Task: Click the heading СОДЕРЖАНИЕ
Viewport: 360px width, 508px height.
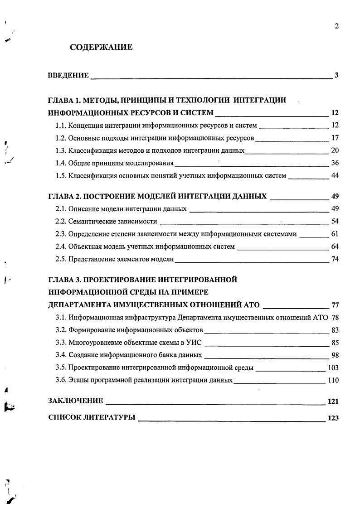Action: click(101, 47)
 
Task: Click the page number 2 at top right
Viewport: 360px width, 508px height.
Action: click(336, 26)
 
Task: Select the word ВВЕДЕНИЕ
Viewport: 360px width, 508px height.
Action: click(68, 76)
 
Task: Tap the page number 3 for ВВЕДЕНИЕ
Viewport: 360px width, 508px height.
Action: click(336, 75)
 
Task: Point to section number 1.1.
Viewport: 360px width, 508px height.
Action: click(61, 125)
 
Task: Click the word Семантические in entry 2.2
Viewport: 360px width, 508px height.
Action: click(90, 222)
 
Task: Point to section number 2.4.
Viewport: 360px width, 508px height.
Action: click(61, 247)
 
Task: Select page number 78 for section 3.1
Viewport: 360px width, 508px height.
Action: click(335, 317)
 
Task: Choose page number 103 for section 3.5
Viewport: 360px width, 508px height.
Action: click(333, 368)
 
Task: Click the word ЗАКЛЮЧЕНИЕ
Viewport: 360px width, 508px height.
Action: click(76, 401)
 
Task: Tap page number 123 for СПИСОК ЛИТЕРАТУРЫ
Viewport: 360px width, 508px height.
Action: click(333, 418)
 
